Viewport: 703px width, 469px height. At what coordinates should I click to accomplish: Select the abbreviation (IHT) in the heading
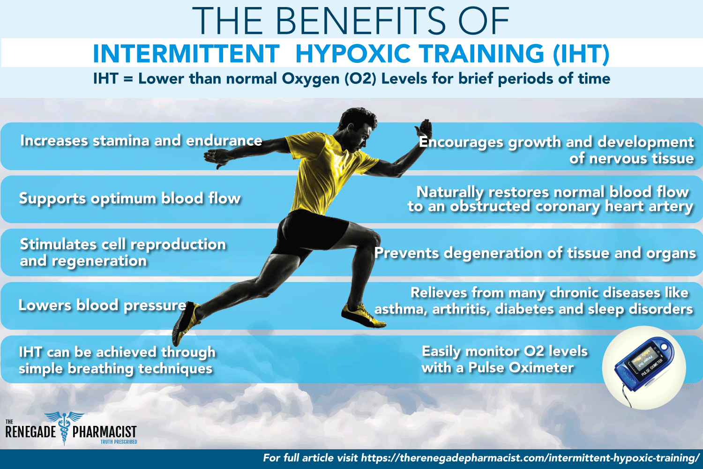point(581,53)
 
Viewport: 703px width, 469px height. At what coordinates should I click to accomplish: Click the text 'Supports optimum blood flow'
point(130,199)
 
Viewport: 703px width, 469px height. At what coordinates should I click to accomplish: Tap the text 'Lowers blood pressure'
point(102,305)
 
